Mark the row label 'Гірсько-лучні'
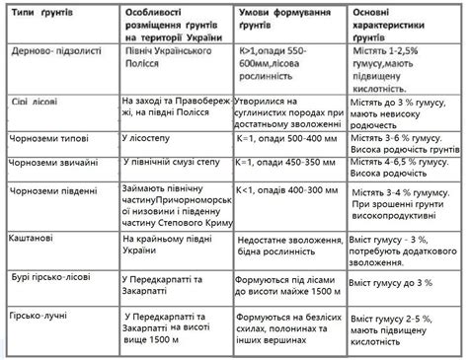[x=39, y=321]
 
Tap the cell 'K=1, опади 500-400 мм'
[x=286, y=139]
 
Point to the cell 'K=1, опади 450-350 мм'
[x=286, y=163]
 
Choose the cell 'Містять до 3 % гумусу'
[x=403, y=283]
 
